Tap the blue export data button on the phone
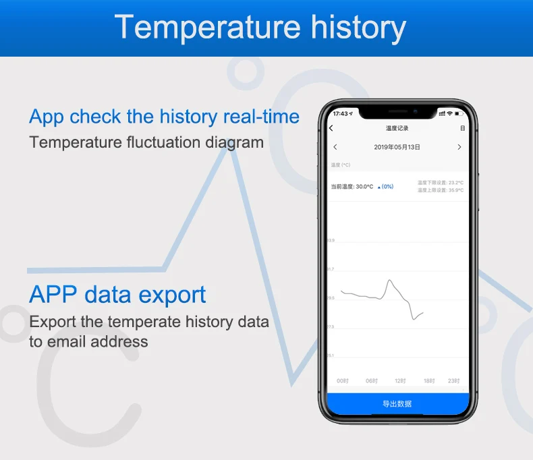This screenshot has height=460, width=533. [x=397, y=404]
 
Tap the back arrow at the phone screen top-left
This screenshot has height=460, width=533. [x=331, y=128]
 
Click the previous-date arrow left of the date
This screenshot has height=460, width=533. [x=335, y=147]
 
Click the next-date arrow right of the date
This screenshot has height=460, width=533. [x=459, y=147]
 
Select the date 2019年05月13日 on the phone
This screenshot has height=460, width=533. [x=397, y=147]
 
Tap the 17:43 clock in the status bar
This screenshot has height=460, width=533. [x=341, y=113]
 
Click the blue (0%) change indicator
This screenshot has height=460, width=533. [x=386, y=187]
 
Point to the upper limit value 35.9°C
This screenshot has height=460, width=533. [x=456, y=190]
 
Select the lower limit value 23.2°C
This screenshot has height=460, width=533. [x=456, y=183]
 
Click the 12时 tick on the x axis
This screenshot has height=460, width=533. [x=400, y=381]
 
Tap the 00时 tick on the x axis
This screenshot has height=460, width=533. [x=343, y=381]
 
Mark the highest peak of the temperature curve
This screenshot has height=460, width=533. [x=389, y=280]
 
